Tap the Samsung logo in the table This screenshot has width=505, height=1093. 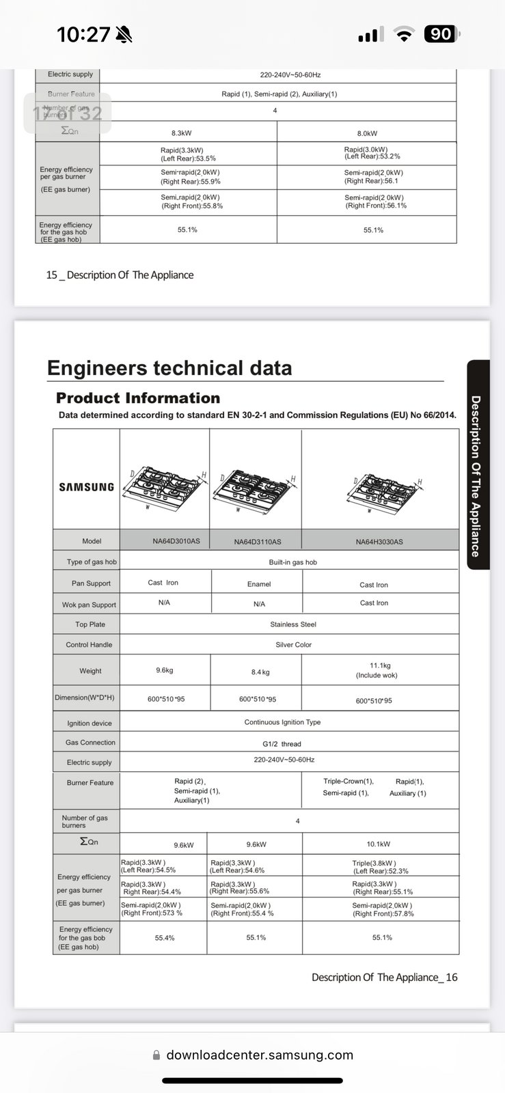click(x=86, y=487)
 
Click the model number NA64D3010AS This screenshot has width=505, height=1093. click(x=176, y=541)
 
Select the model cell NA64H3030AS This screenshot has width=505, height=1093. click(x=379, y=542)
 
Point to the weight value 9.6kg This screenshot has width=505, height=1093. click(x=165, y=670)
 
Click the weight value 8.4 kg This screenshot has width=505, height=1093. click(x=260, y=672)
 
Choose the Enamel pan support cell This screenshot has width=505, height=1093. click(x=259, y=584)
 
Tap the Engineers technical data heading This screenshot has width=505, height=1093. click(x=169, y=368)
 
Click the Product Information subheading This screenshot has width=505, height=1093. click(x=138, y=398)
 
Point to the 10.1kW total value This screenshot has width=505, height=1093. click(x=379, y=844)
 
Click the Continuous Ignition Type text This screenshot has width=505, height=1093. click(x=282, y=722)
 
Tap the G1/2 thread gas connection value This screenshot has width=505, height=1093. click(x=282, y=744)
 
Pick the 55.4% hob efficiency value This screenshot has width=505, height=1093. click(x=165, y=938)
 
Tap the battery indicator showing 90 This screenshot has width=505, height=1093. click(x=442, y=34)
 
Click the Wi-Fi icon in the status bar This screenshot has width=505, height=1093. click(x=405, y=35)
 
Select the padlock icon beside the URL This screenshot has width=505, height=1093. click(x=156, y=1055)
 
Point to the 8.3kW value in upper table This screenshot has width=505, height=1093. click(x=181, y=133)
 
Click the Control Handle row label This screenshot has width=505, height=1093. click(x=89, y=645)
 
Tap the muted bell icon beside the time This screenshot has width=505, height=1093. click(x=124, y=35)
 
